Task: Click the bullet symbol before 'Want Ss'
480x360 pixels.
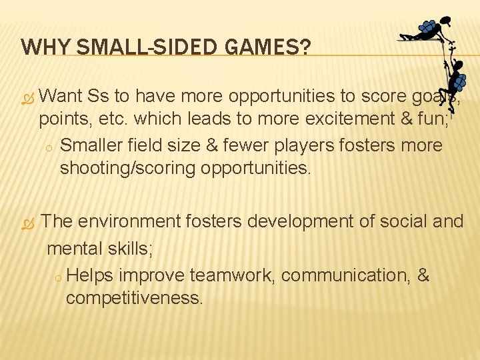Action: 27,97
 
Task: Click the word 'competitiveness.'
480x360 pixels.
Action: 134,297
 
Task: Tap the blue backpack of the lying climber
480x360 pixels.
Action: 427,27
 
